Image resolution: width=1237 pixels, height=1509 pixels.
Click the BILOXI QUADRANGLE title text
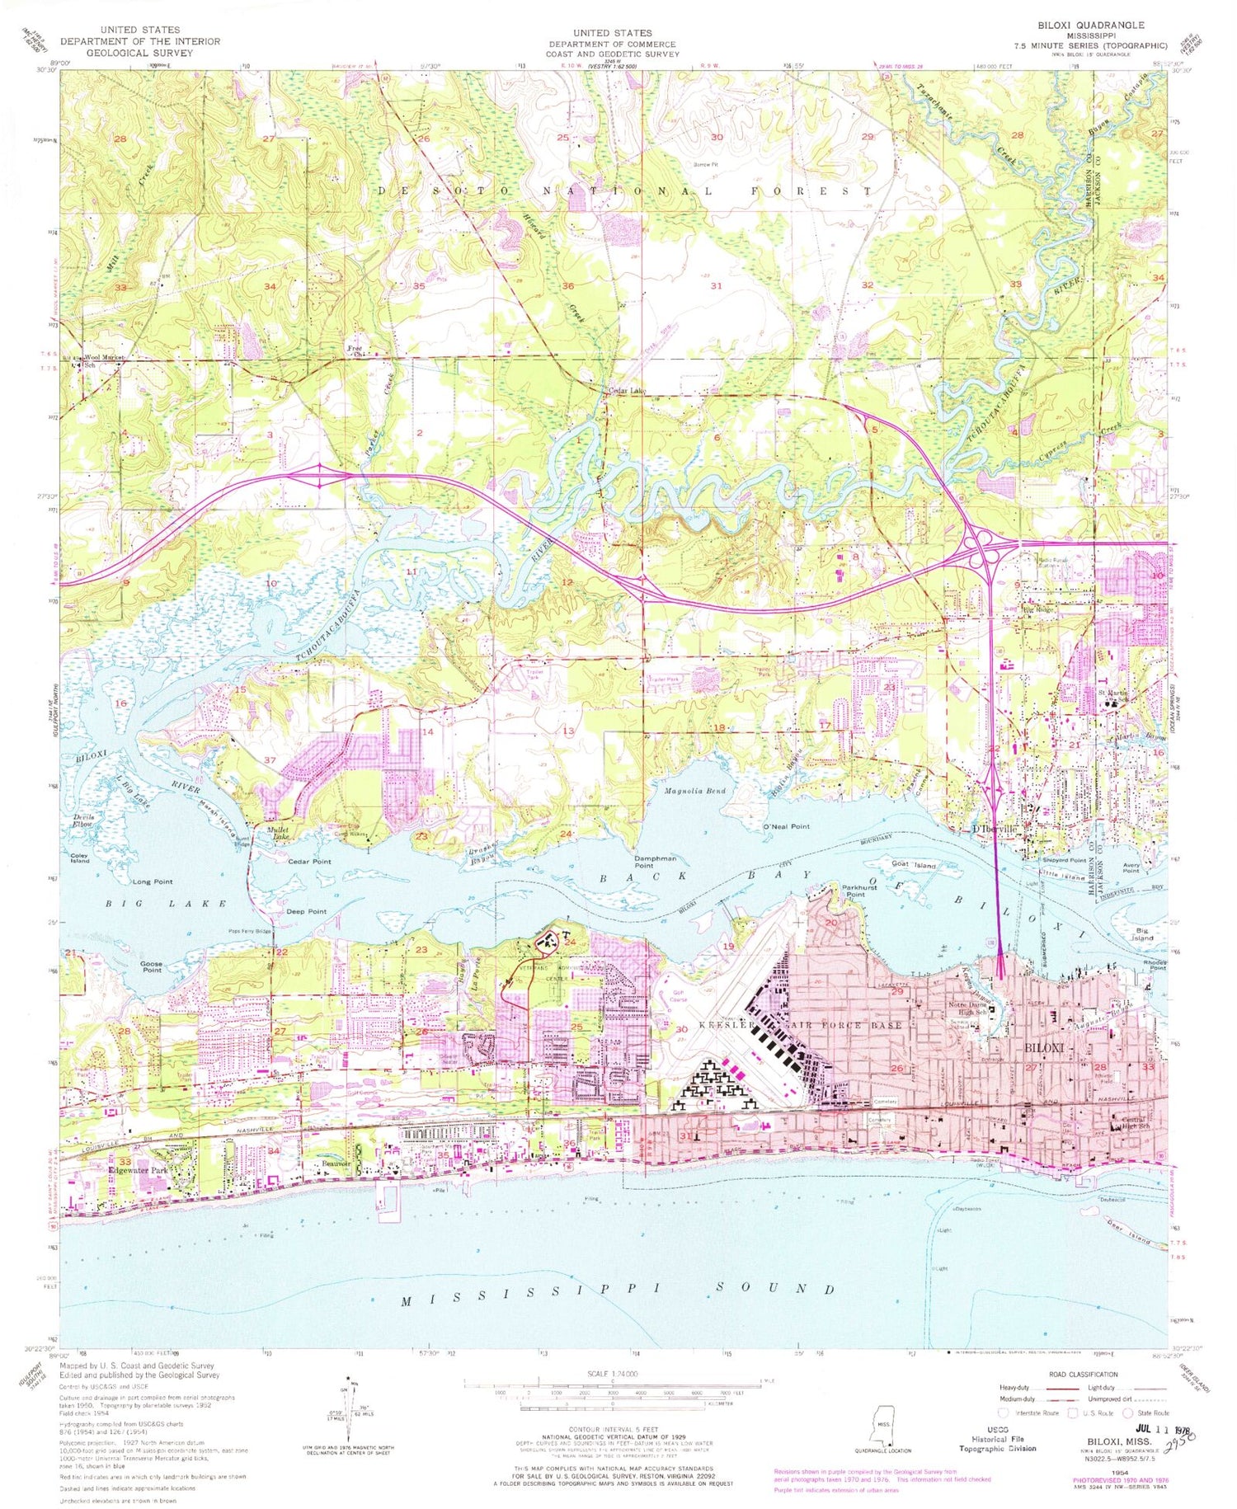point(1093,26)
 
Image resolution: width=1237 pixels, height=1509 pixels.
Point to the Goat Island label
point(914,864)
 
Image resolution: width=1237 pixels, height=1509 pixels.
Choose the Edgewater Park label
point(126,1168)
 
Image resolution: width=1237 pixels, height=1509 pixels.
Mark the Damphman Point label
point(656,861)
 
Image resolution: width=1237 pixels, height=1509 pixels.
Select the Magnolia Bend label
point(694,791)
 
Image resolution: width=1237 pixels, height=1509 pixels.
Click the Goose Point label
point(151,966)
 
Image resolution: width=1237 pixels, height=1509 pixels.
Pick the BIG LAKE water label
point(166,905)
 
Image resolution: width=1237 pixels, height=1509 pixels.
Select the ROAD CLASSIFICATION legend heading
point(1084,1374)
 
